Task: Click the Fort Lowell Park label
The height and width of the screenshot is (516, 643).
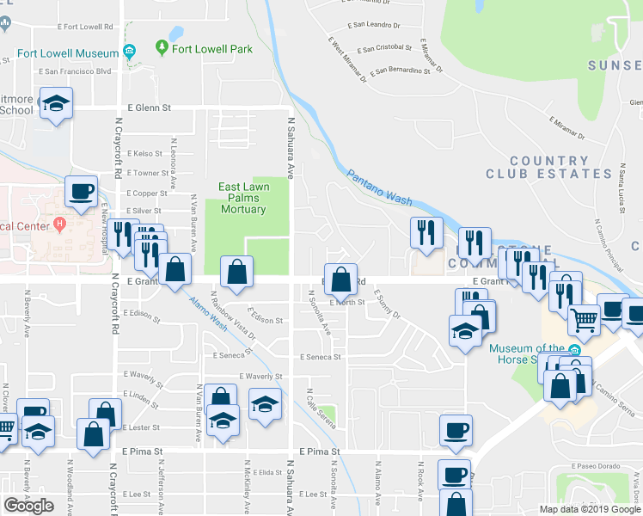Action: [x=211, y=49]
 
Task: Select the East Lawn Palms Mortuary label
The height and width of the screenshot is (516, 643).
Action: [x=244, y=198]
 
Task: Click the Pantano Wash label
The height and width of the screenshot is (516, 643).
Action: [x=380, y=186]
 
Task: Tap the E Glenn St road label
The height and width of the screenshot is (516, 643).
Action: [x=150, y=108]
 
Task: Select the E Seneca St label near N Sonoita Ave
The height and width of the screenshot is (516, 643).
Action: [x=321, y=357]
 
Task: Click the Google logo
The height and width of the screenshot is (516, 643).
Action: [x=29, y=506]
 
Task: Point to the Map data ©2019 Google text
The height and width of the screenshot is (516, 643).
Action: [x=590, y=509]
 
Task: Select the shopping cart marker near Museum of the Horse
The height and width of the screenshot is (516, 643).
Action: [x=584, y=321]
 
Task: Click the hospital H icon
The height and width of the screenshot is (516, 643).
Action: [x=59, y=226]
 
